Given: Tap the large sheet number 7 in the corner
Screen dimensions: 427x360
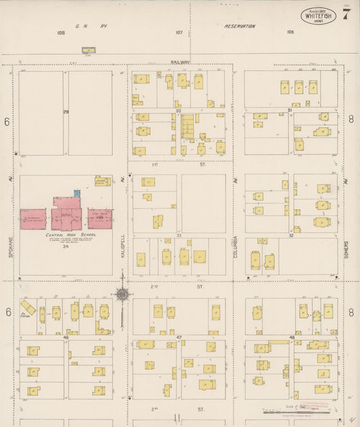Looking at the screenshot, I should (346, 15).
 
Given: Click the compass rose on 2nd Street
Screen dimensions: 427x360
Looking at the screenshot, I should (122, 294).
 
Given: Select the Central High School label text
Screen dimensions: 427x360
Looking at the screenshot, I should (71, 234).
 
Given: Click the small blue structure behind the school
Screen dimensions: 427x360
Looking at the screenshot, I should (77, 193).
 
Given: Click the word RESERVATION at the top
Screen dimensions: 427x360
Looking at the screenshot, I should (240, 26).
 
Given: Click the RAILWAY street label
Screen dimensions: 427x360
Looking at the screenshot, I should (180, 62).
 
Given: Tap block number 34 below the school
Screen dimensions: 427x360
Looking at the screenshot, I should (66, 246).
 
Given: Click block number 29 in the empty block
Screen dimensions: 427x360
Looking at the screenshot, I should (66, 111).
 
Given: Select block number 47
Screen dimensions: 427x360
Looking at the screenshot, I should (179, 336).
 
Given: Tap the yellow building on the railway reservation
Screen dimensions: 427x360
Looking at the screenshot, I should (88, 49).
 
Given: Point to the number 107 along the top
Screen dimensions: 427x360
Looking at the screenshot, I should (179, 32).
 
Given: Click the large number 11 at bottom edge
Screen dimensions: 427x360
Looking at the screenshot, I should (177, 418).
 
